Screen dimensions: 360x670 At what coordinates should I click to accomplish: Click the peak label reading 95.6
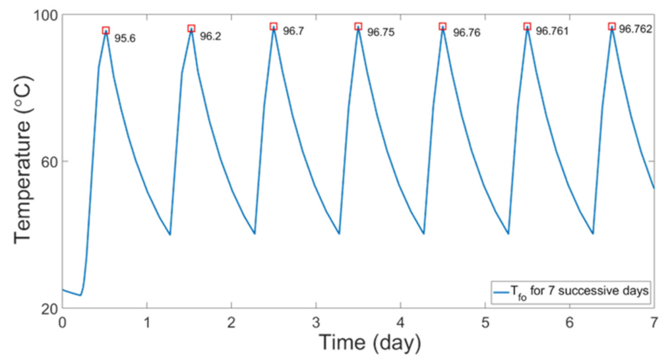[x=125, y=38]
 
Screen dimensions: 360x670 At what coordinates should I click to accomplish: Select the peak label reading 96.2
[x=210, y=37]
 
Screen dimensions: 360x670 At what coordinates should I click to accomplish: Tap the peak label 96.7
[x=293, y=31]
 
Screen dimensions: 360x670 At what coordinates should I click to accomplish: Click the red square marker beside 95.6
[x=106, y=30]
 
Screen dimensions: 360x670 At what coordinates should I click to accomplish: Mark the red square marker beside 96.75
[x=358, y=26]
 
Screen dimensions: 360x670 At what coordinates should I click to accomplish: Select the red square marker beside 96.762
[x=612, y=26]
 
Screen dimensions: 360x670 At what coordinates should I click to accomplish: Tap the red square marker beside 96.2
[x=191, y=28]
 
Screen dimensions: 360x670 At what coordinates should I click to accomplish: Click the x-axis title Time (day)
[x=369, y=344]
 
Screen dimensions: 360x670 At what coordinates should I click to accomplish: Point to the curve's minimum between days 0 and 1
[x=80, y=295]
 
